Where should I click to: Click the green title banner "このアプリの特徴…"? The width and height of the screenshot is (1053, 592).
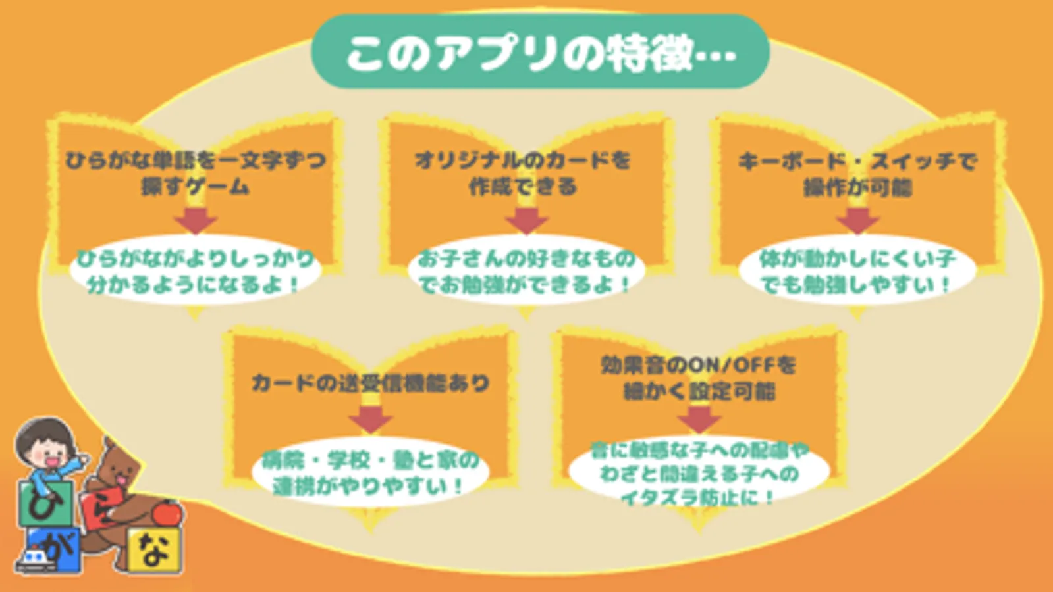(x=540, y=53)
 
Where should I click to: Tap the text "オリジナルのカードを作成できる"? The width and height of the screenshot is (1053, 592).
(x=522, y=174)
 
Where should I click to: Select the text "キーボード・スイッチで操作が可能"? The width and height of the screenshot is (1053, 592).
(x=857, y=174)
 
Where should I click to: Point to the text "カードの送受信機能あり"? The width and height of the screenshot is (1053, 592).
(x=370, y=383)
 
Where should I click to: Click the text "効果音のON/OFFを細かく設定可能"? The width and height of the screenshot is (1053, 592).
(x=698, y=378)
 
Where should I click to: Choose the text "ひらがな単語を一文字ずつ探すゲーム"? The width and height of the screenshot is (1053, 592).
(x=196, y=173)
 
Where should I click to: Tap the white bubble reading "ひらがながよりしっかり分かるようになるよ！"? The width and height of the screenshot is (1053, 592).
(x=195, y=271)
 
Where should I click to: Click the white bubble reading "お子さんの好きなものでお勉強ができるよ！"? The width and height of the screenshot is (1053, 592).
(x=526, y=271)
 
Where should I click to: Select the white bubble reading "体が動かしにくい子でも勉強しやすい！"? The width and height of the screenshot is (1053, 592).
(x=857, y=271)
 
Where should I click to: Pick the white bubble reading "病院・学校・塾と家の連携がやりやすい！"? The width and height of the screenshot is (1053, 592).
(x=370, y=473)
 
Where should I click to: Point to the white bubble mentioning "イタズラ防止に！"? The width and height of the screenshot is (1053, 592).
(x=698, y=474)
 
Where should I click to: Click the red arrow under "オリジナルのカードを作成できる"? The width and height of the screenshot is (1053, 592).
(x=526, y=220)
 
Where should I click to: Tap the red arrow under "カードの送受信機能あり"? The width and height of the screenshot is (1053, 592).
(x=370, y=419)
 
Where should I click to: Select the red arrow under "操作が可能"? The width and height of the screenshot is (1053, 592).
(x=857, y=220)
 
